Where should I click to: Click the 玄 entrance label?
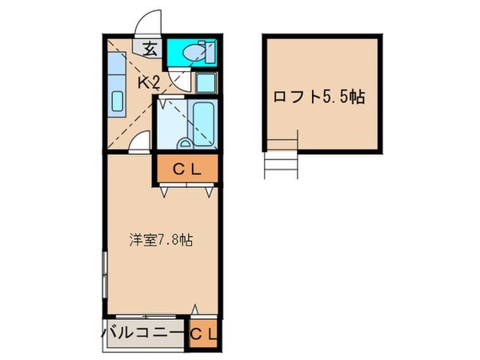pos(150,47)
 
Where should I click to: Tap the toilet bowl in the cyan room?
pos(192,53)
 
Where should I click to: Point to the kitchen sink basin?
pos(117,101)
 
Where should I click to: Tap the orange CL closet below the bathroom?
pos(186,169)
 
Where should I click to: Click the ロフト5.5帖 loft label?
pos(320,98)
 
